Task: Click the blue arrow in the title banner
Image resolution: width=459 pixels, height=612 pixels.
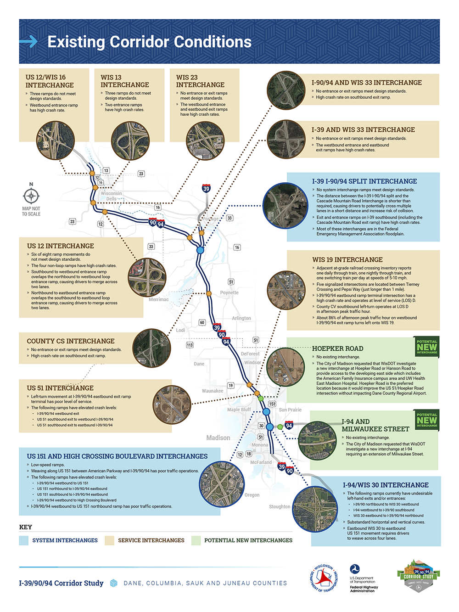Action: (x=28, y=42)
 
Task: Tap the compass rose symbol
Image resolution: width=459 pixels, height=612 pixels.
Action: (x=31, y=196)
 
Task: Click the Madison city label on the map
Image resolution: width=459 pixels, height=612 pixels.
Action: (x=218, y=438)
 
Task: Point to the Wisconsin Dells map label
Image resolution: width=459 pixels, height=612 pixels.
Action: (x=112, y=196)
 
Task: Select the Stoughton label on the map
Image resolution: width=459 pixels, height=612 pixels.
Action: (x=280, y=506)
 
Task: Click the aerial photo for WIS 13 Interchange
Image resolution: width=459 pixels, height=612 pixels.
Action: (x=130, y=140)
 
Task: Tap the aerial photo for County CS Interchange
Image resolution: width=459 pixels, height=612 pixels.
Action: (x=151, y=348)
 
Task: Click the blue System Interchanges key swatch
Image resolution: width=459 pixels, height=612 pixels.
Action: (x=24, y=540)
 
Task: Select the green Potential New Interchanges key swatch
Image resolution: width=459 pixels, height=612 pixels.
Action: (x=196, y=540)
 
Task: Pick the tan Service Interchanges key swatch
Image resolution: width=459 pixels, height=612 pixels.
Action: (x=109, y=540)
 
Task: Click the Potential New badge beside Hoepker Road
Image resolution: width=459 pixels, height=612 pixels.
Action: (x=427, y=347)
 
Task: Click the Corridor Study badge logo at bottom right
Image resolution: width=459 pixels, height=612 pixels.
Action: (x=418, y=576)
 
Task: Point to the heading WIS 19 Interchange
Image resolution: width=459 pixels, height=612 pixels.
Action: (x=347, y=260)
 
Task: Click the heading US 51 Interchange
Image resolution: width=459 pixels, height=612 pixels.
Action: (x=60, y=388)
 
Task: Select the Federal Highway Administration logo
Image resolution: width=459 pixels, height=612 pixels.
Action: (x=363, y=578)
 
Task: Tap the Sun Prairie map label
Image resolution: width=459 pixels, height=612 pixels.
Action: (x=290, y=410)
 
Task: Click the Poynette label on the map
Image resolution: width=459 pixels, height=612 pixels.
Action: (x=229, y=292)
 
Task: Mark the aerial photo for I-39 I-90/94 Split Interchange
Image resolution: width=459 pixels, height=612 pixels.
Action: (x=285, y=206)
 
